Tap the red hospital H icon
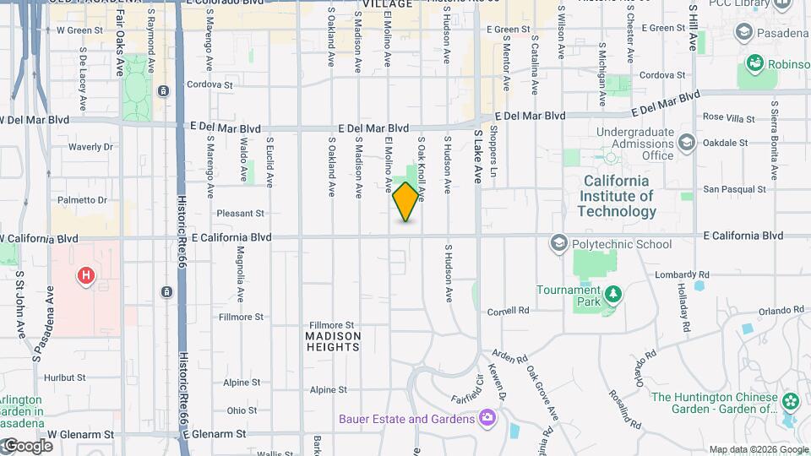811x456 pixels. point(84,275)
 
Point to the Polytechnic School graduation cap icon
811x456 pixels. point(558,244)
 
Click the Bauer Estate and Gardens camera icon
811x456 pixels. point(487,418)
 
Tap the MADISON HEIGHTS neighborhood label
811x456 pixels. point(333,341)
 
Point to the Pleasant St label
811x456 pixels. point(241,214)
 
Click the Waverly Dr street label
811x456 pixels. point(90,147)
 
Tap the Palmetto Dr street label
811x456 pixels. point(83,200)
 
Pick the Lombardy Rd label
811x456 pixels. point(682,275)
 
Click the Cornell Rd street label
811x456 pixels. point(508,310)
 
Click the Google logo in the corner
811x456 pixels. point(29,445)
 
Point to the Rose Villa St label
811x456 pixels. point(727,117)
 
